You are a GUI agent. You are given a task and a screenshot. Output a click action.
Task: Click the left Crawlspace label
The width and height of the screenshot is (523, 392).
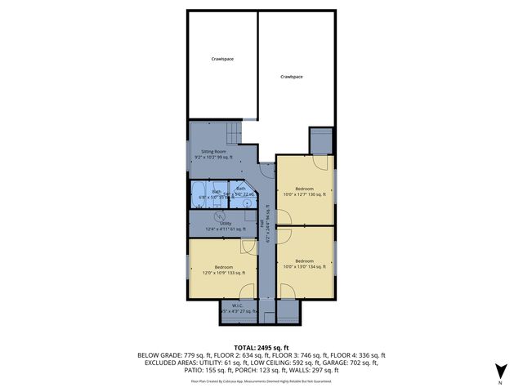pyautogui.click(x=223, y=60)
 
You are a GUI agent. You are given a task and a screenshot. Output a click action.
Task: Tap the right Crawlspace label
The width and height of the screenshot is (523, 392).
pyautogui.click(x=292, y=76)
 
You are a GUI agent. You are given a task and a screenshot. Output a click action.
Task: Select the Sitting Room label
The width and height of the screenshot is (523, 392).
pyautogui.click(x=214, y=152)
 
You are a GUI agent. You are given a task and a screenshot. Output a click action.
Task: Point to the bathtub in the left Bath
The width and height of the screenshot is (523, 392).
pyautogui.click(x=199, y=193)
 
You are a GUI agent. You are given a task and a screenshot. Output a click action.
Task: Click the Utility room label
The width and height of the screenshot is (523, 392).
pyautogui.click(x=225, y=222)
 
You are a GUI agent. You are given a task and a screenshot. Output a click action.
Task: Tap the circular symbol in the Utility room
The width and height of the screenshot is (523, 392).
pyautogui.click(x=219, y=216)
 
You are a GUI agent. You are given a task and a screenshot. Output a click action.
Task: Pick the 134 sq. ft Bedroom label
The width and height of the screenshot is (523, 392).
pyautogui.click(x=304, y=263)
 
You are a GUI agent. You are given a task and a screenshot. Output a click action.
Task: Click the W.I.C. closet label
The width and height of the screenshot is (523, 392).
pyautogui.click(x=239, y=309)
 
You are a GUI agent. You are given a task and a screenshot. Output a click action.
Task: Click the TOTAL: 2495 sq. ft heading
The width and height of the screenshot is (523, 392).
pyautogui.click(x=261, y=347)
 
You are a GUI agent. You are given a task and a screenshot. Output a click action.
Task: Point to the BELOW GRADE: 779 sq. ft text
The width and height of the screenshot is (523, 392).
pyautogui.click(x=169, y=355)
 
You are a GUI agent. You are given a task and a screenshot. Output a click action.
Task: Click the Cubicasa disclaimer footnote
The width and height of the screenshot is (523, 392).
pyautogui.click(x=261, y=381)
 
